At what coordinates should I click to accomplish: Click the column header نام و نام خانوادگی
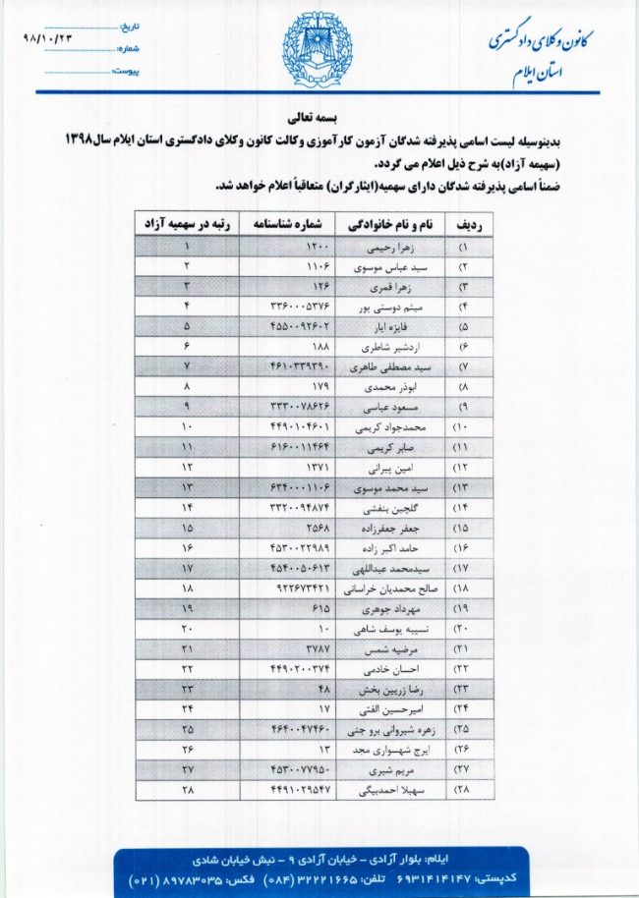click(x=388, y=224)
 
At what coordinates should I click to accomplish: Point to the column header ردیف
click(x=465, y=224)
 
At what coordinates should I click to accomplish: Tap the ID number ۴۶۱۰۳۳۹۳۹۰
click(x=301, y=365)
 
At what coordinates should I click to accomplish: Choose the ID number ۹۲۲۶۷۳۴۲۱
click(x=298, y=589)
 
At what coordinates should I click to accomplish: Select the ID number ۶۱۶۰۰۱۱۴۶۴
click(x=301, y=447)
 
